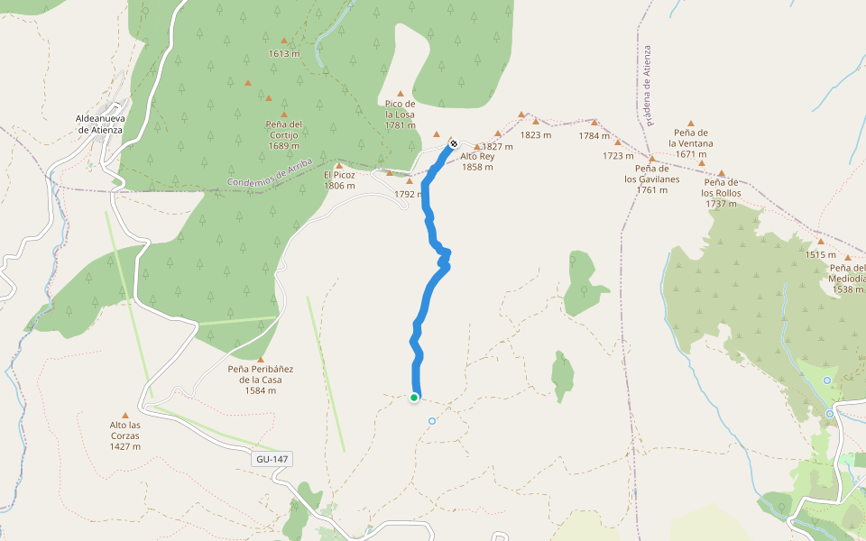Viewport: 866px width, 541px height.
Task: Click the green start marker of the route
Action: (414, 397)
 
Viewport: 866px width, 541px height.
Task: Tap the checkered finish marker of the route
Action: (453, 143)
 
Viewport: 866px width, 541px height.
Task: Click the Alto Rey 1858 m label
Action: (477, 161)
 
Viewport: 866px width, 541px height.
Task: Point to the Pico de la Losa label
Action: (400, 115)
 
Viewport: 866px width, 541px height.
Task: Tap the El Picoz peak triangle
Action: (339, 166)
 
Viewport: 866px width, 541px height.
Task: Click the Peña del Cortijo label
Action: (283, 134)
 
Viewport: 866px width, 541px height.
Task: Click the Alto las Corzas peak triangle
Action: (125, 416)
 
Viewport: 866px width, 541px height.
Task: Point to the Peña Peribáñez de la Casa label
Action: (260, 380)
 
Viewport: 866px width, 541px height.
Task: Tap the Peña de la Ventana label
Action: (691, 143)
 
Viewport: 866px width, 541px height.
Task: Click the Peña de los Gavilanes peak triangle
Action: (651, 159)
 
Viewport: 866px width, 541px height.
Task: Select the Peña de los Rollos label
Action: (722, 193)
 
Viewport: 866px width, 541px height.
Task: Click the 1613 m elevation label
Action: (283, 53)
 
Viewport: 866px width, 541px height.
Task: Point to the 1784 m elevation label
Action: (594, 136)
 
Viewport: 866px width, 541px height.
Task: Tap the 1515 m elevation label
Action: (821, 255)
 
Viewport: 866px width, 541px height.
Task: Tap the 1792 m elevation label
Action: (409, 194)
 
